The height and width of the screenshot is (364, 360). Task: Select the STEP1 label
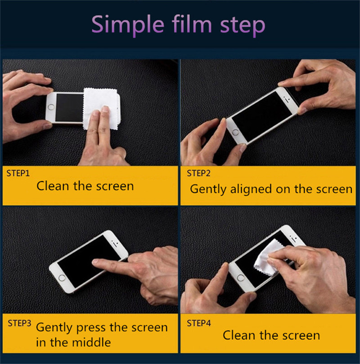(x=18, y=173)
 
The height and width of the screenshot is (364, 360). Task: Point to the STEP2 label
(x=198, y=173)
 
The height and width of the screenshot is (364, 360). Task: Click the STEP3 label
(x=19, y=323)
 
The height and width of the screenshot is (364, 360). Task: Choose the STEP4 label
(x=199, y=323)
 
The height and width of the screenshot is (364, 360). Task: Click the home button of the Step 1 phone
(x=50, y=107)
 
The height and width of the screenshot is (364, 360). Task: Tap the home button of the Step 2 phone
(x=236, y=133)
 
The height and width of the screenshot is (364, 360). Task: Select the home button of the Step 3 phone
(x=62, y=278)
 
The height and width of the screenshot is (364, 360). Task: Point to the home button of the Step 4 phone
(x=241, y=278)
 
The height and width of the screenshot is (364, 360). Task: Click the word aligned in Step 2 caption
(x=251, y=190)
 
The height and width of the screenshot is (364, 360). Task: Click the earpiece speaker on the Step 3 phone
(x=115, y=244)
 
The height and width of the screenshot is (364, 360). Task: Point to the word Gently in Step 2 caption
(x=208, y=190)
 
